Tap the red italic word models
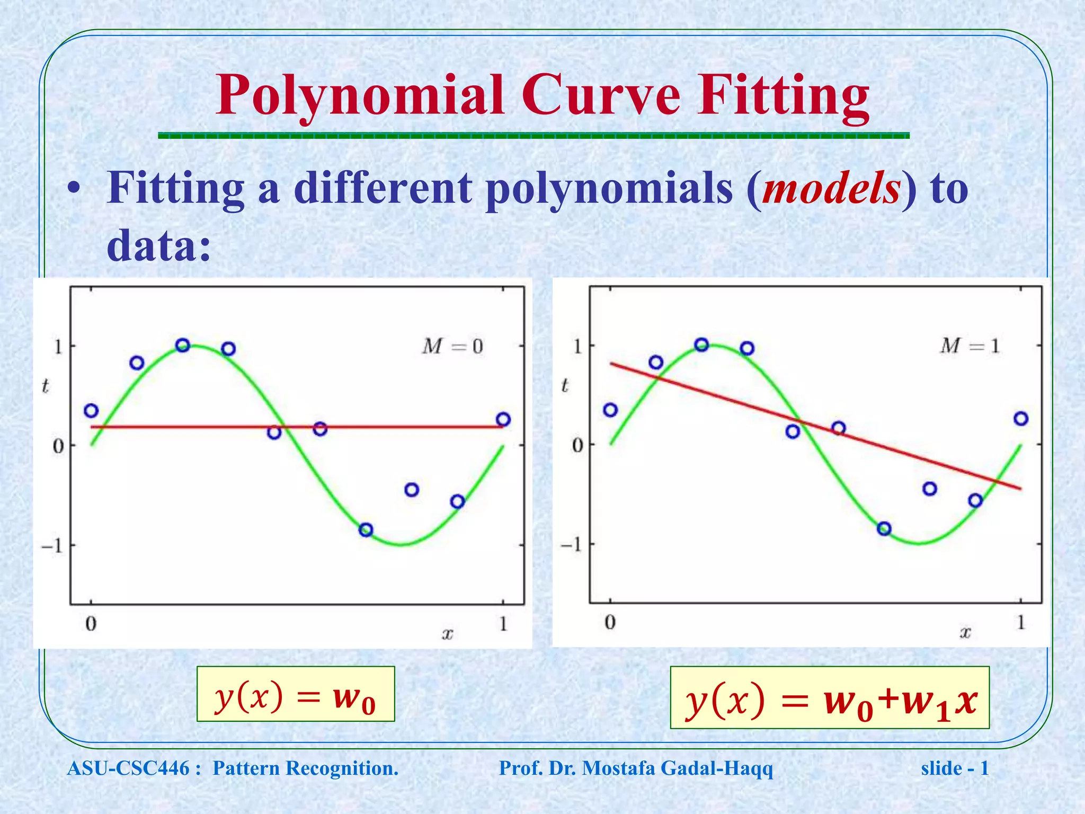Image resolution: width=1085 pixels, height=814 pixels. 831,189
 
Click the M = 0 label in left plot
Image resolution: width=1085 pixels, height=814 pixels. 452,347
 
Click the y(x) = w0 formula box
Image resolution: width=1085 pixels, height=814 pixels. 296,694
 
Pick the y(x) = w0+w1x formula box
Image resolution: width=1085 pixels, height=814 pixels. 830,698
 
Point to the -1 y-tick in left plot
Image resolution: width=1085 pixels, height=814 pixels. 52,546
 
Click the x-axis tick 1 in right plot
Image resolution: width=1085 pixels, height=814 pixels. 1020,622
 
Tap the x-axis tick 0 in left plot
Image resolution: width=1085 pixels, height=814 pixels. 91,624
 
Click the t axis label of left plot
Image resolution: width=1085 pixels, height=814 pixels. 45,386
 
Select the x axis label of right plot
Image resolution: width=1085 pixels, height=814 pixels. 965,632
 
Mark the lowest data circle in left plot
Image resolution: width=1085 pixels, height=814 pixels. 366,529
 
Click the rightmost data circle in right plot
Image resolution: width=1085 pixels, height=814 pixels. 1021,419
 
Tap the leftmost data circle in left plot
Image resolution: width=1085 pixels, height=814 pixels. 91,411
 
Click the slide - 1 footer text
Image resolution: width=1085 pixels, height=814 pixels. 955,768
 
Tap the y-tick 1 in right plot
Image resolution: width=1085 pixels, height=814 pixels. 577,347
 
